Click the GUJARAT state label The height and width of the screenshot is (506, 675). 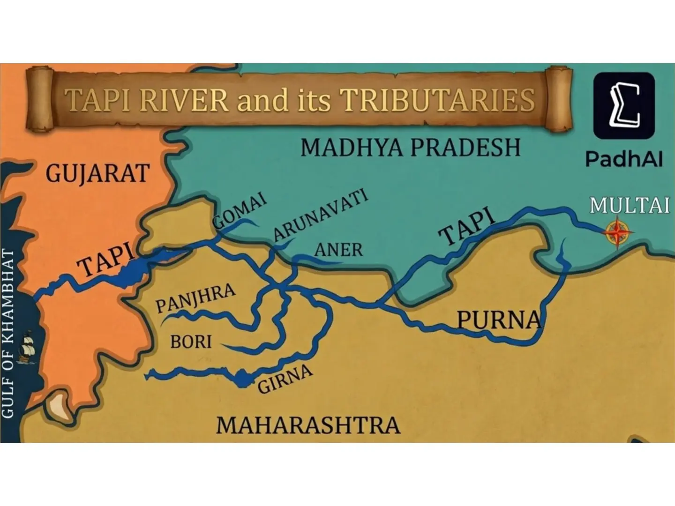point(97,174)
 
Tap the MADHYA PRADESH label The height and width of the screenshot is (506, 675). point(410,148)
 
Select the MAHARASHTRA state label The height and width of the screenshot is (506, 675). point(308,425)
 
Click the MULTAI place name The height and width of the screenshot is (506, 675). point(629,206)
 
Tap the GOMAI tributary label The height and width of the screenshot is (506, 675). point(240,211)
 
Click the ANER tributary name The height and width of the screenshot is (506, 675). point(338,250)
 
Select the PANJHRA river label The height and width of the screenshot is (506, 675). point(195,298)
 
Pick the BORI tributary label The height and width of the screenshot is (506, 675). point(191,342)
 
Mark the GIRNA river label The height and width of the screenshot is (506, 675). point(285,379)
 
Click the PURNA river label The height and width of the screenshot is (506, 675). point(499,320)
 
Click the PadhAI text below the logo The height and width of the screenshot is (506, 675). point(624,159)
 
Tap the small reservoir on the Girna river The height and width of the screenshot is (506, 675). point(242,378)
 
